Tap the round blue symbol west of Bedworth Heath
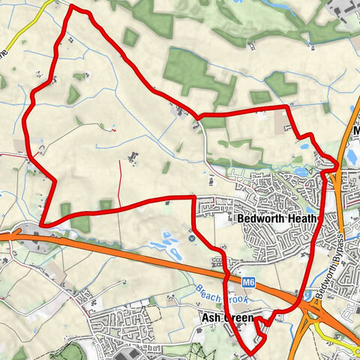191,238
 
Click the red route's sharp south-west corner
44,223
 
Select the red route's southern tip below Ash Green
250,351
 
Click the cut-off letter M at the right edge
355,133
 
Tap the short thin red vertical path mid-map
120,175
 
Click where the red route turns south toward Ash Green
193,198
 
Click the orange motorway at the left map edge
6,236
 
